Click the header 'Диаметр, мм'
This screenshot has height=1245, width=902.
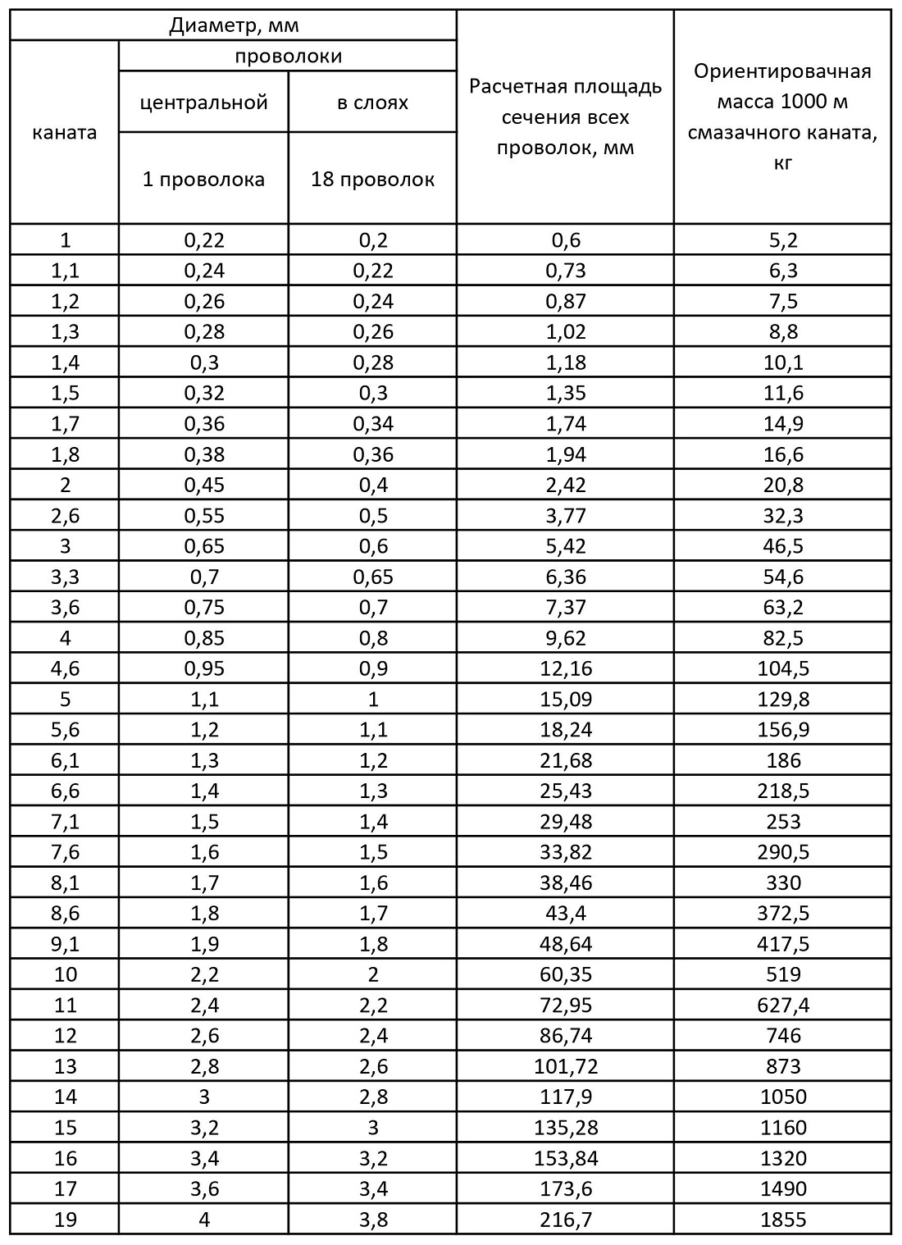(x=234, y=25)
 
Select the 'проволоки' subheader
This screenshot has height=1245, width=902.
(x=288, y=57)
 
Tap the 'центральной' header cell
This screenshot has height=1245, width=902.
(x=204, y=103)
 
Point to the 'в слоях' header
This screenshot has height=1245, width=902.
(x=373, y=103)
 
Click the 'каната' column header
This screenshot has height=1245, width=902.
(x=65, y=132)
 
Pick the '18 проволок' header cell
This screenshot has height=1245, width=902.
(x=373, y=179)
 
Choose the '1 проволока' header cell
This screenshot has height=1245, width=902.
(x=204, y=179)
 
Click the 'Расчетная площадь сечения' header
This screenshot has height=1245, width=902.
(x=565, y=117)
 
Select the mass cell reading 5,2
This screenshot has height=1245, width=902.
(x=782, y=240)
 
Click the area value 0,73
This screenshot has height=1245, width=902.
(x=565, y=271)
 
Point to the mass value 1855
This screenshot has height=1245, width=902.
(x=782, y=1220)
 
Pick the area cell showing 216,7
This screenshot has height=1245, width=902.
(x=565, y=1220)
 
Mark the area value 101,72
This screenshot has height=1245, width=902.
(x=565, y=1066)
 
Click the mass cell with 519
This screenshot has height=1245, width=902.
(x=782, y=974)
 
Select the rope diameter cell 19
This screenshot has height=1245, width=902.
(x=65, y=1220)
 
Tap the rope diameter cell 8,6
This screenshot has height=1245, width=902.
(x=65, y=913)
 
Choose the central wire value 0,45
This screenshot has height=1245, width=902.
(x=204, y=485)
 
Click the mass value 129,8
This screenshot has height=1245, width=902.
(x=782, y=699)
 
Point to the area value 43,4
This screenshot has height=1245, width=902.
(x=565, y=913)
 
